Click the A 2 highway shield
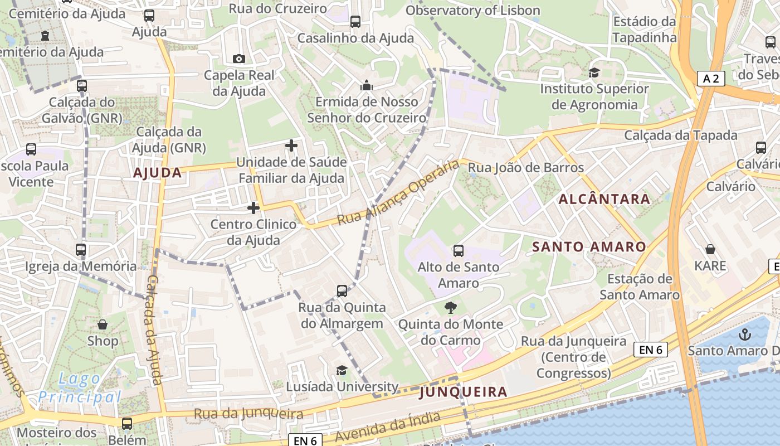711,79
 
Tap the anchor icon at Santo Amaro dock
744,334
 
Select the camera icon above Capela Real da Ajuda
238,59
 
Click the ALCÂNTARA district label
604,199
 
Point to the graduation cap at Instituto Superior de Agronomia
594,72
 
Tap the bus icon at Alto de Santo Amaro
458,251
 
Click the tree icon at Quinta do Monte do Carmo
451,307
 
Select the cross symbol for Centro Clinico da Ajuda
253,208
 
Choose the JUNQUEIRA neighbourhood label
463,392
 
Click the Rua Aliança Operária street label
398,194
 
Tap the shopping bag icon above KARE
710,249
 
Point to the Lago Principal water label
80,389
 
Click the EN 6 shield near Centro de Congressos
650,350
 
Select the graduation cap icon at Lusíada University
341,370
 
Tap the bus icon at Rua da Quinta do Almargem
342,290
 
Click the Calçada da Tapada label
680,135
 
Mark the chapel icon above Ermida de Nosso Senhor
366,85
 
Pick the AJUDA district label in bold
158,173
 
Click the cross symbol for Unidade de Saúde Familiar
291,146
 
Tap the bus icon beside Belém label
127,424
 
